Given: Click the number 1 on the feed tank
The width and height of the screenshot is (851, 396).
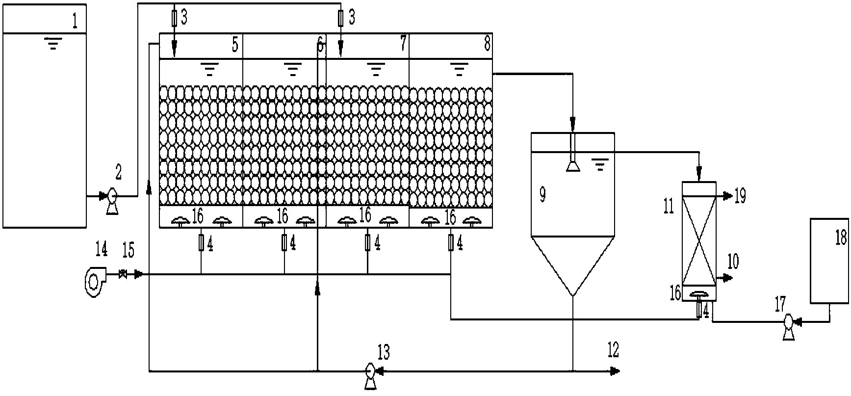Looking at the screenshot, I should tap(75, 22).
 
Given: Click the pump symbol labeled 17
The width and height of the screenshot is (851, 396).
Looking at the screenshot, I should tap(789, 322).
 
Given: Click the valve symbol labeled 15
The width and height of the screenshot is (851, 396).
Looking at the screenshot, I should tap(123, 275).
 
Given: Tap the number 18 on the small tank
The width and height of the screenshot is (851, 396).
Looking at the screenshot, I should tap(840, 238).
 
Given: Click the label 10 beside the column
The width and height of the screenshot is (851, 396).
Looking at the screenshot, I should tap(733, 262).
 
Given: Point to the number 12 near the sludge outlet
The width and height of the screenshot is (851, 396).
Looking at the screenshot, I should tap(613, 350).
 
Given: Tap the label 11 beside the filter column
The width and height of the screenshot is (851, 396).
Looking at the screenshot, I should tap(669, 206).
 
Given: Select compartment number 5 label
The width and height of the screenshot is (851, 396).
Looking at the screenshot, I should tap(235, 45).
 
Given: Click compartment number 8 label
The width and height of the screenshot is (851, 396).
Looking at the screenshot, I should tap(487, 44).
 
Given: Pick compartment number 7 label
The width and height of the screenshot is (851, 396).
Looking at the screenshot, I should tap(403, 44).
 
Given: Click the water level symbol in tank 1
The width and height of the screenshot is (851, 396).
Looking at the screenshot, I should tap(53, 46).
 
